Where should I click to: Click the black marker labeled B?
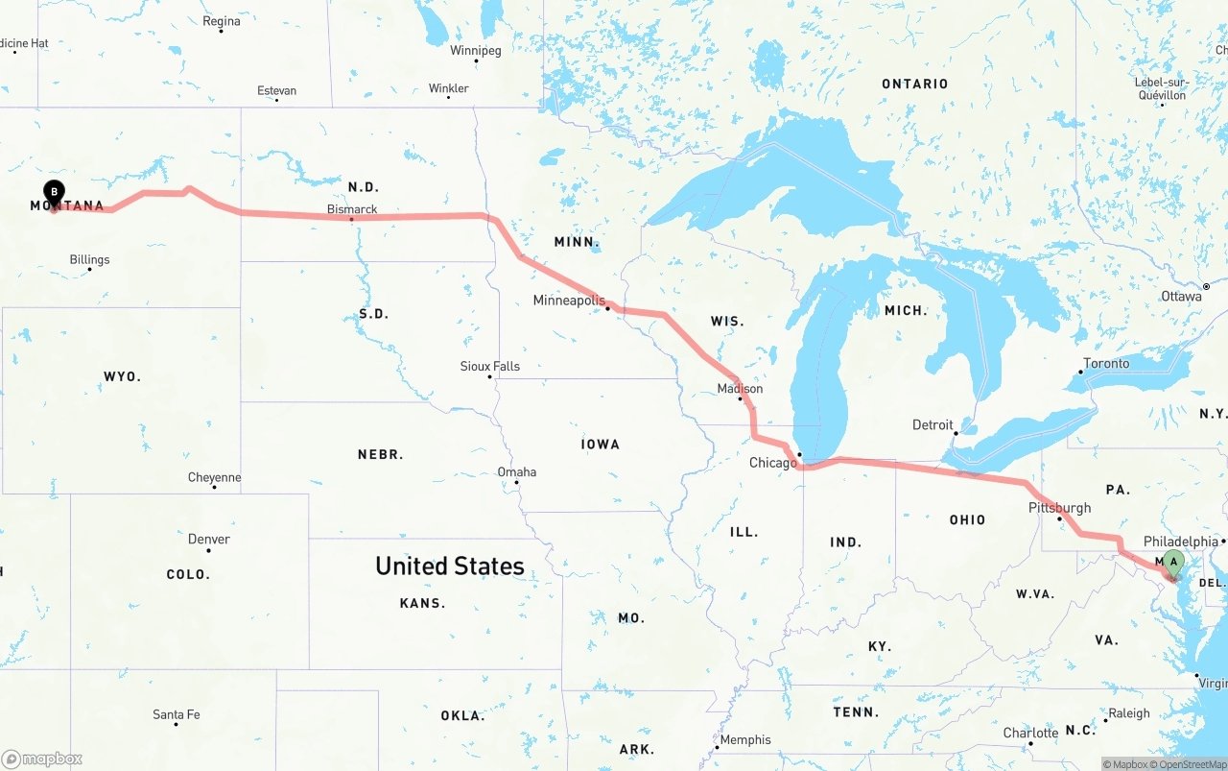tap(54, 193)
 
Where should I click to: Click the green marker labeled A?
tap(1172, 563)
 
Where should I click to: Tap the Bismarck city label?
tap(352, 209)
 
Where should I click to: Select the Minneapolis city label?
tap(569, 301)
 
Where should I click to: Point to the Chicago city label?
tap(772, 463)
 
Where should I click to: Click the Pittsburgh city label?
tap(1059, 508)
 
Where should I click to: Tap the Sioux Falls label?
tap(489, 366)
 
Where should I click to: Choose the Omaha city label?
tap(516, 471)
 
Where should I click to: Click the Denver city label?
tap(208, 540)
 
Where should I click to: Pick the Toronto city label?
tap(1106, 364)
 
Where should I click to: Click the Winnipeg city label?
tap(475, 50)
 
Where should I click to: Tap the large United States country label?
tap(449, 566)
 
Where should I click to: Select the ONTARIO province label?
tap(914, 84)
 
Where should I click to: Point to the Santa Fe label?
tap(177, 714)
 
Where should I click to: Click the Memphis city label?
tap(744, 739)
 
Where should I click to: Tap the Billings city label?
tap(89, 259)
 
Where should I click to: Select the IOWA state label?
tap(601, 445)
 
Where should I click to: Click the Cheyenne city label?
tap(214, 477)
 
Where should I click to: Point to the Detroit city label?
tap(933, 424)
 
